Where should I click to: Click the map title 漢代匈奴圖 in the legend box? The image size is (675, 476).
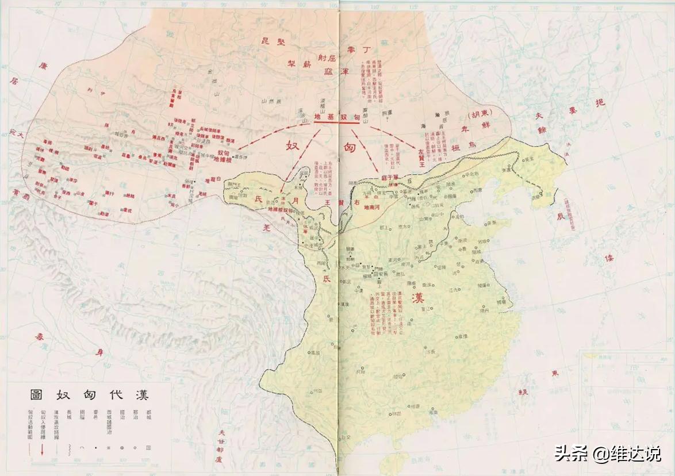(90, 396)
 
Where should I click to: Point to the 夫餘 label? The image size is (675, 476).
(540, 124)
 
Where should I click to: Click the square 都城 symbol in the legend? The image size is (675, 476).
(149, 447)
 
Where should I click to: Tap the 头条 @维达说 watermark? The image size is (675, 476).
(608, 454)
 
